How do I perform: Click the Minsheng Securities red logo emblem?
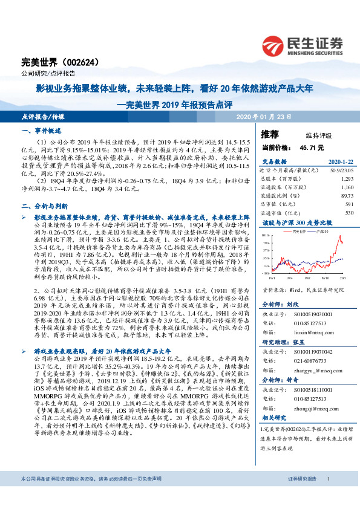pos(273,44)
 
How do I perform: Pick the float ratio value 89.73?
pos(346,195)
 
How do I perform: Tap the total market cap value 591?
pos(349,204)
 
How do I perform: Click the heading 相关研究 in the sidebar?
pos(273,417)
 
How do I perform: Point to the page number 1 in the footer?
pos(327,495)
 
